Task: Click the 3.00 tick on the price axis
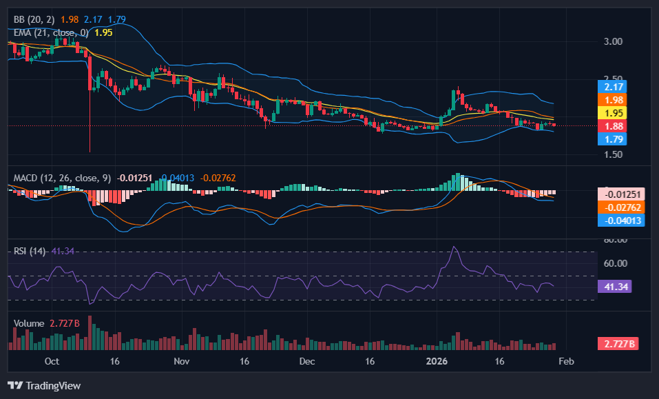[612, 41]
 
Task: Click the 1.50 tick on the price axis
[612, 154]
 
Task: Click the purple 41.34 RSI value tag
[615, 286]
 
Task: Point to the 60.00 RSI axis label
[615, 263]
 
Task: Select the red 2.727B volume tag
[618, 343]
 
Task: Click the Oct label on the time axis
[52, 361]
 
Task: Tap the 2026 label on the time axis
[438, 361]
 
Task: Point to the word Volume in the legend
[29, 323]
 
